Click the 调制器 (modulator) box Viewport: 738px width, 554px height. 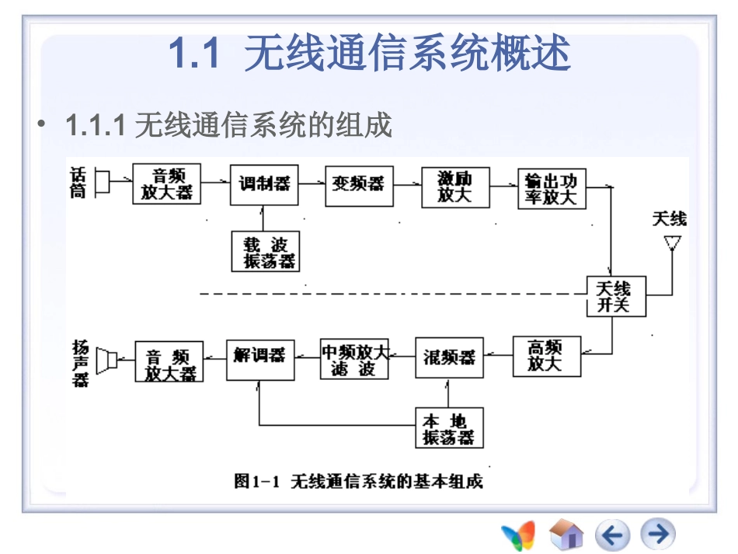[x=264, y=184]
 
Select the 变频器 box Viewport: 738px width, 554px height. [x=359, y=185]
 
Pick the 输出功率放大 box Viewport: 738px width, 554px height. [x=552, y=188]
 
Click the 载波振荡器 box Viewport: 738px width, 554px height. [x=265, y=252]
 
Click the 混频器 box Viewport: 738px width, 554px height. [x=449, y=357]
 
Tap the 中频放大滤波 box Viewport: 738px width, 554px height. [x=354, y=358]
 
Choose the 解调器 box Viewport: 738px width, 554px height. [x=260, y=358]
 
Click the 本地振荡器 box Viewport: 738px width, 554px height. [x=448, y=428]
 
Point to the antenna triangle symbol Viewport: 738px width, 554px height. [x=672, y=242]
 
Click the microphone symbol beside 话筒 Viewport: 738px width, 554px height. [x=102, y=183]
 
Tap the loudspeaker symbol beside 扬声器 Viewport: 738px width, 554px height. [x=106, y=360]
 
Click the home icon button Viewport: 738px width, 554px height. [x=566, y=535]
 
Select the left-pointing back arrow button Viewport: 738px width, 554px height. [x=612, y=535]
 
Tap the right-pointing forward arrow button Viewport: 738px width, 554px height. [x=658, y=535]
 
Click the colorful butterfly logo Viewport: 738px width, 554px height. [x=518, y=535]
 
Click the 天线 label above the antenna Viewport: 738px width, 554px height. [x=669, y=218]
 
